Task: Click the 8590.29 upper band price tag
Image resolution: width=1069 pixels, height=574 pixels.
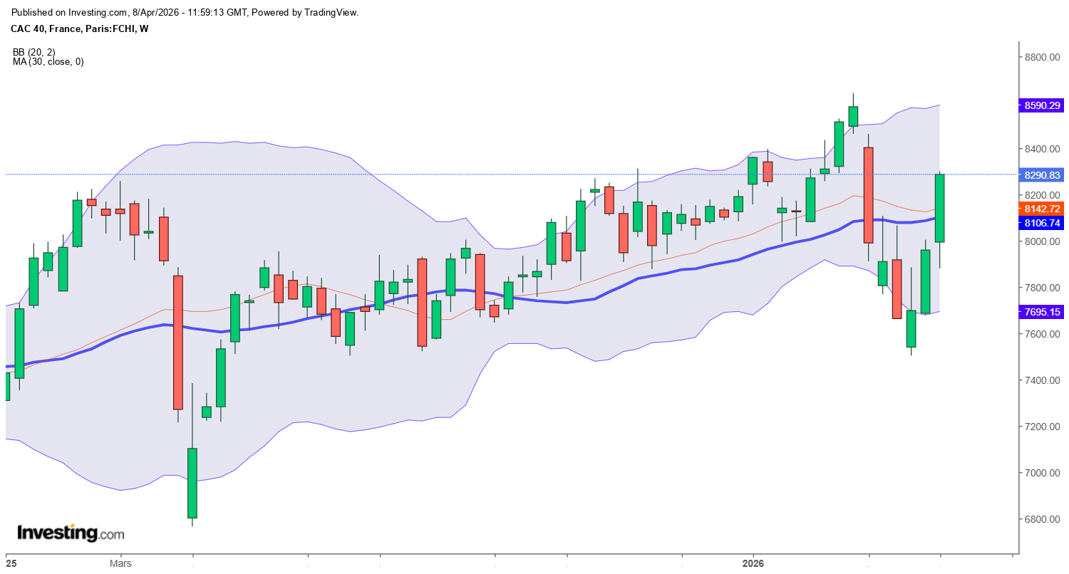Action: (1043, 105)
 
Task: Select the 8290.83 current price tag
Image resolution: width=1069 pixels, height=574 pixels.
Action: (1043, 174)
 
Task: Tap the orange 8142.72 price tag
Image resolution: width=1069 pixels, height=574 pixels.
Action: (1043, 209)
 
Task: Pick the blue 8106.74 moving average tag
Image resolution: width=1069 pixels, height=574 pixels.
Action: (1043, 223)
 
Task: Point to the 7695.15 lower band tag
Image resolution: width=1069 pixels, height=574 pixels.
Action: (1043, 312)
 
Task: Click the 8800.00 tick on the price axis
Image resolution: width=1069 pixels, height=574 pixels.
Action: (1042, 57)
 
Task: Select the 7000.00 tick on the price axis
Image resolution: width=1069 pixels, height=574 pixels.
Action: (1042, 473)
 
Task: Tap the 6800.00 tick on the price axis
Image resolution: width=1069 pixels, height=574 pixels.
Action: (1042, 519)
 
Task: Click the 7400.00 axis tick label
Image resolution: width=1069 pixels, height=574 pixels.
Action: (1042, 380)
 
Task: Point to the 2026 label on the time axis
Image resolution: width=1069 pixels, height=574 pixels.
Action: (753, 563)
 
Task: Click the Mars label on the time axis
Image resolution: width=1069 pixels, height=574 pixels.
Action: (120, 563)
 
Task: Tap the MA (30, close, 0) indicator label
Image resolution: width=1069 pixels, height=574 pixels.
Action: (48, 62)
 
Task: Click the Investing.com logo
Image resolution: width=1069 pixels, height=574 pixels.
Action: (70, 533)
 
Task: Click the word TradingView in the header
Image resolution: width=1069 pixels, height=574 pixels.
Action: (332, 12)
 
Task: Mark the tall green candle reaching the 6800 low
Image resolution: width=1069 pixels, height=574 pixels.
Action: (192, 483)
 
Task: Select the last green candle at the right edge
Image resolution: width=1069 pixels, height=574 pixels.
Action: (940, 208)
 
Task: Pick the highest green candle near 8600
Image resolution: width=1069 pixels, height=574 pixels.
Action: (853, 116)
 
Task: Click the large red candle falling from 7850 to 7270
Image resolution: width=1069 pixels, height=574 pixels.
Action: (178, 342)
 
